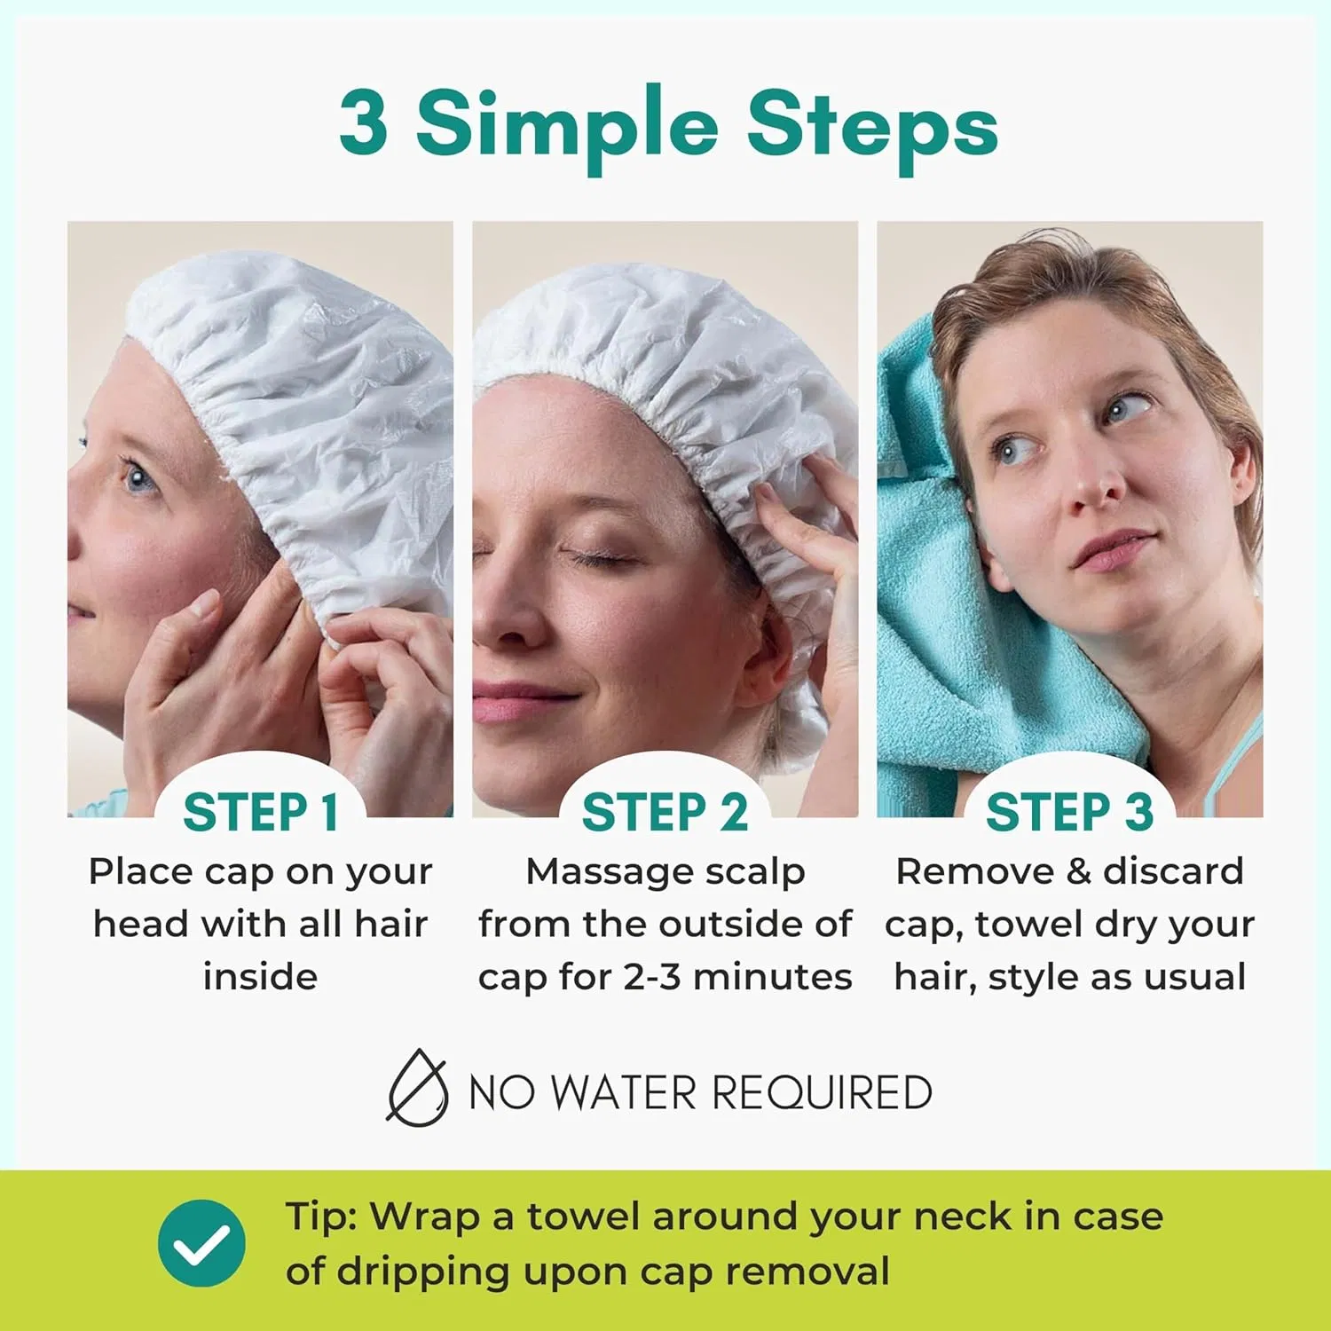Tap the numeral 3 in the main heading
(x=364, y=122)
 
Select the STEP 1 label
(x=261, y=812)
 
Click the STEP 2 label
(x=665, y=812)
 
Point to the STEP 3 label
(x=1070, y=812)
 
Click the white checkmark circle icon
(x=202, y=1243)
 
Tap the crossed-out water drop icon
(x=417, y=1088)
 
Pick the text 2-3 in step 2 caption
(x=652, y=977)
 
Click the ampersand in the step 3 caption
(x=1077, y=871)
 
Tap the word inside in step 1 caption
(x=261, y=976)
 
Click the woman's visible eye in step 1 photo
(x=138, y=480)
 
